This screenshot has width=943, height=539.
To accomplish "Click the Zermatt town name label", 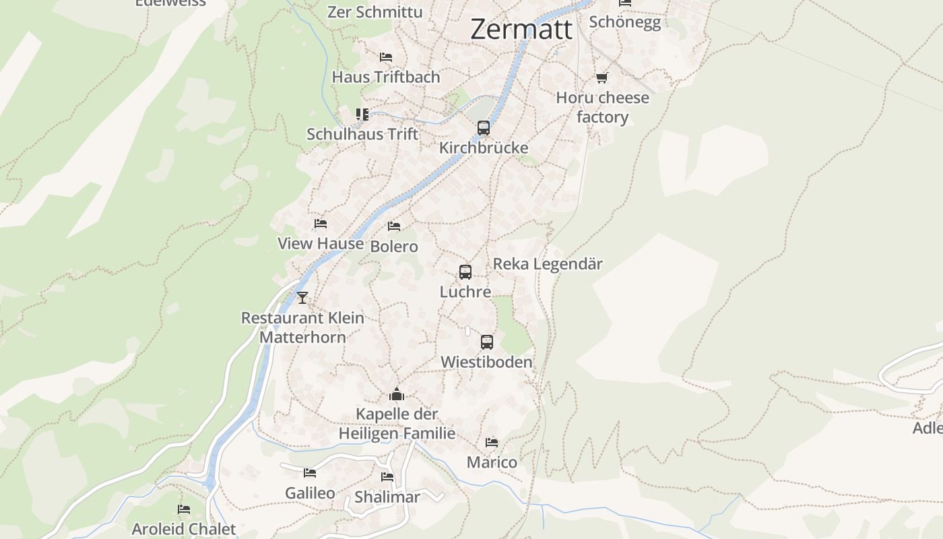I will point(521,30).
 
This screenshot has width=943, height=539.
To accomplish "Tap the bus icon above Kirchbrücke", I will point(484,127).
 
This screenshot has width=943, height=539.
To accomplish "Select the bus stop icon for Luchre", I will point(465,272).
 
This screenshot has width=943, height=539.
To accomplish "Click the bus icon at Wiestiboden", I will point(487,342).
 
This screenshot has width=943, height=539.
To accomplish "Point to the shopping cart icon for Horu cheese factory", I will point(602,78).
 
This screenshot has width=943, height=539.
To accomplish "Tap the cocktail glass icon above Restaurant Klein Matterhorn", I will point(302,297).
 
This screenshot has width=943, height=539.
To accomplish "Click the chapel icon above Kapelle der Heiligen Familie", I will point(397,394).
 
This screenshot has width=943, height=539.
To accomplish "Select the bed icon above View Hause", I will point(321,223).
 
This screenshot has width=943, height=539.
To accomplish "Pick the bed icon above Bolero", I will point(394,226).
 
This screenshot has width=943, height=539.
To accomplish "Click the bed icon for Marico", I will point(492,443).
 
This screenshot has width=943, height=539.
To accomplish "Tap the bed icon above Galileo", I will point(310,473).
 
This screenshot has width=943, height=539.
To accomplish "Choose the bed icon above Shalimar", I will point(387,477).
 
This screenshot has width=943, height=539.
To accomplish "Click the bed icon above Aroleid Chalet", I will point(184,509).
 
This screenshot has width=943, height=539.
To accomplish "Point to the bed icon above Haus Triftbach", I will point(386,57).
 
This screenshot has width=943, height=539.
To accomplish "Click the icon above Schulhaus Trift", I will point(362,115).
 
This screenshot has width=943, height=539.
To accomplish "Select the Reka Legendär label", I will point(548,263).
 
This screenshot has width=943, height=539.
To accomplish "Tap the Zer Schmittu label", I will point(375,12).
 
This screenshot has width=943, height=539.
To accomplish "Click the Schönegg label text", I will point(625,22).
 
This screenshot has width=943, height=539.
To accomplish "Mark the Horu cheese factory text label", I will point(602,107).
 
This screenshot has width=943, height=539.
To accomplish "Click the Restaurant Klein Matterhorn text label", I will point(302,327).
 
